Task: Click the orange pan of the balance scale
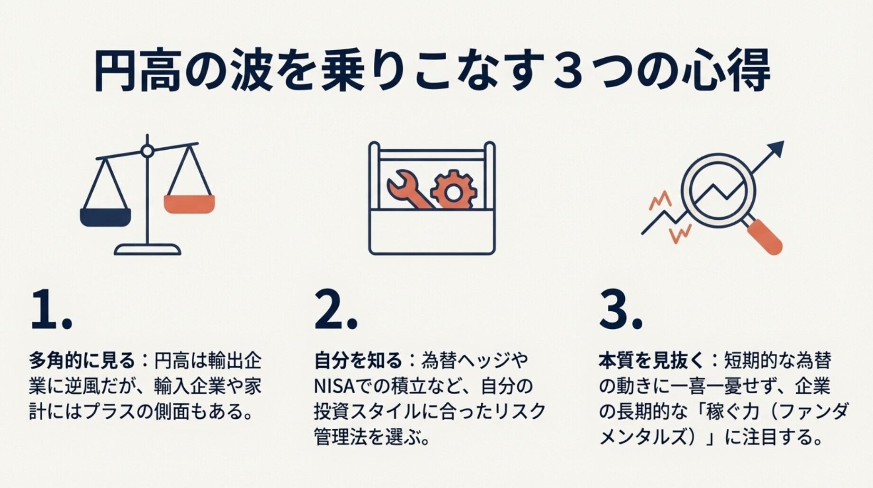tap(189, 204)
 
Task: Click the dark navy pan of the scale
tap(105, 217)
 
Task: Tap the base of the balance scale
tap(147, 250)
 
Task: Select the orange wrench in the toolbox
tap(407, 190)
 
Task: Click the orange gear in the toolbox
tap(453, 191)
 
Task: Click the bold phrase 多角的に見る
tap(82, 361)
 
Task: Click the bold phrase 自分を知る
tap(358, 361)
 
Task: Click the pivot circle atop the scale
tap(147, 151)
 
